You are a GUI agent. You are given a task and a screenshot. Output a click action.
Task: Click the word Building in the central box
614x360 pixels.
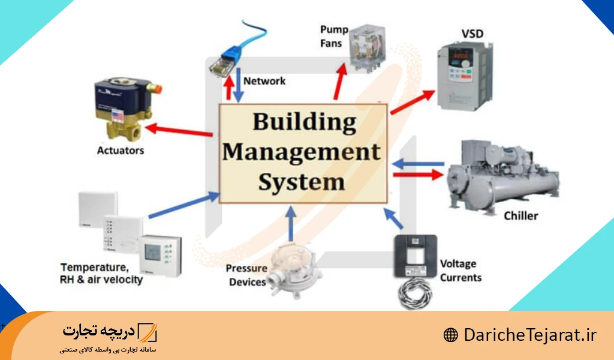tap(304, 122)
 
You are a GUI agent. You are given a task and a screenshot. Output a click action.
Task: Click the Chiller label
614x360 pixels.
tap(520, 215)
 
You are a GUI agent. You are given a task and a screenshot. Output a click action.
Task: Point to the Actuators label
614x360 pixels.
tap(121, 150)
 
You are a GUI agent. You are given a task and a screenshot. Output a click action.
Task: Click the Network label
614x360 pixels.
tap(264, 80)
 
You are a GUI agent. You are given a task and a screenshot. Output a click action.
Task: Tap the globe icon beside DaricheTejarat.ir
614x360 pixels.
tap(450, 335)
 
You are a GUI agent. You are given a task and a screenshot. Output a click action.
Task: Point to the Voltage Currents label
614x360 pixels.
tap(460, 271)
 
